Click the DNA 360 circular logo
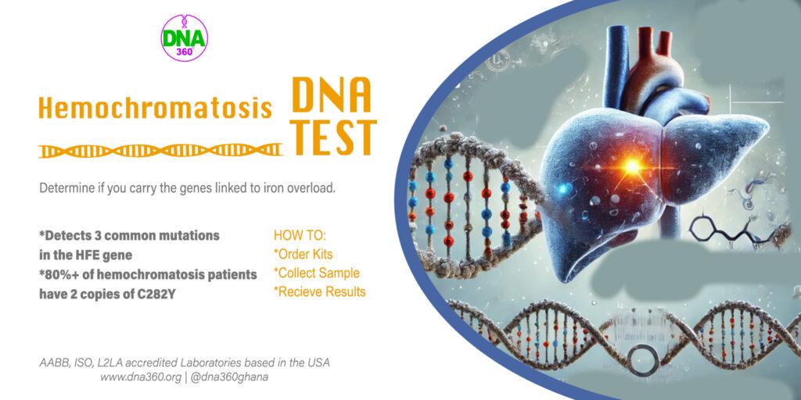(x=185, y=38)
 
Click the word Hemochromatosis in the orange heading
(x=156, y=108)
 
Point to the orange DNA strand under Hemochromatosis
(x=160, y=150)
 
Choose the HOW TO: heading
(x=300, y=236)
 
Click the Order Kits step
(x=304, y=254)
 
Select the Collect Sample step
(x=317, y=273)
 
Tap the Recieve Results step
(x=320, y=292)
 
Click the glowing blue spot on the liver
(x=563, y=189)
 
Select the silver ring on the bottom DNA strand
(x=643, y=360)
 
